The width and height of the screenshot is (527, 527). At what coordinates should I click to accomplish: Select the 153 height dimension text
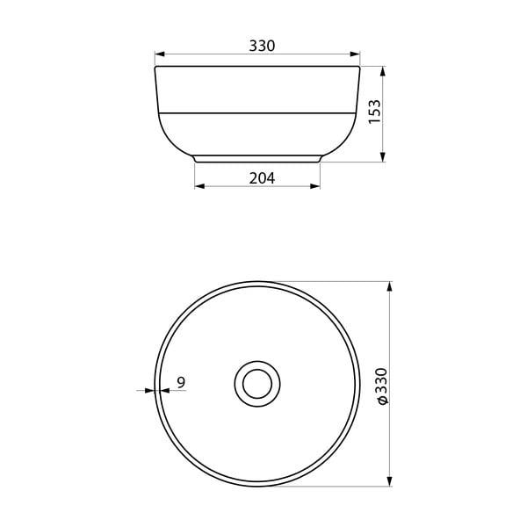[x=375, y=112]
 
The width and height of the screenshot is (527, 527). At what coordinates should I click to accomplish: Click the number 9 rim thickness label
[x=180, y=382]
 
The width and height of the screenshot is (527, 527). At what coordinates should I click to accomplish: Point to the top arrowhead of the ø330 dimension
[x=389, y=287]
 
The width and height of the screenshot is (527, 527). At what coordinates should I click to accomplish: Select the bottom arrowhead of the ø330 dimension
[x=389, y=480]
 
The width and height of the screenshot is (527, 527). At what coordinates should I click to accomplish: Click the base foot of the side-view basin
[x=257, y=159]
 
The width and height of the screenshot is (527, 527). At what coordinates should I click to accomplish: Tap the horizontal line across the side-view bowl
[x=257, y=113]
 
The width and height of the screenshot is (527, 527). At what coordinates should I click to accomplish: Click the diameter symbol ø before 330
[x=379, y=401]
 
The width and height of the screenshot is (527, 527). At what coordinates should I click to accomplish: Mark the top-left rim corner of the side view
[x=156, y=67]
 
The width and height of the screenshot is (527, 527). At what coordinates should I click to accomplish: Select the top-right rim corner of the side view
[x=359, y=67]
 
